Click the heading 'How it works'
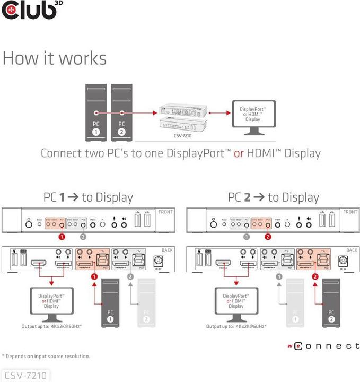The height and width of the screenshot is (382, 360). [55, 58]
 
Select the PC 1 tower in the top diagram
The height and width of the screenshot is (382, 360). [95, 112]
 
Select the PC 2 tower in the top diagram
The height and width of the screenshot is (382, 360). [122, 112]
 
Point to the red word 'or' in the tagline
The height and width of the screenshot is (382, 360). [239, 154]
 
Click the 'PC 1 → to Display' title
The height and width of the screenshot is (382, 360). [88, 197]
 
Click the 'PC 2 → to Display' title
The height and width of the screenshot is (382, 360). [274, 197]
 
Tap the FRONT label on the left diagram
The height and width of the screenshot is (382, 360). [165, 212]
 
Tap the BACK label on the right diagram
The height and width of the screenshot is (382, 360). [352, 250]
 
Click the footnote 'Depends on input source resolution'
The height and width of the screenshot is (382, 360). [47, 356]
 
